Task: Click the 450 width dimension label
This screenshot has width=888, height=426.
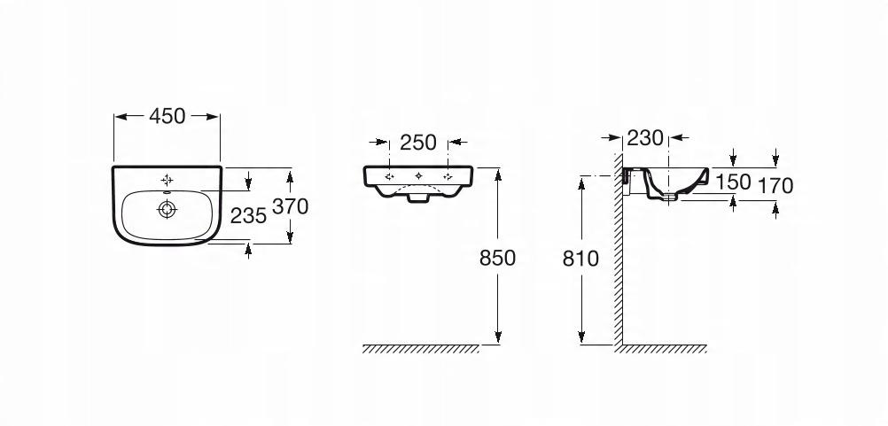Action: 167,116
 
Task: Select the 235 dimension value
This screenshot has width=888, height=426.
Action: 248,215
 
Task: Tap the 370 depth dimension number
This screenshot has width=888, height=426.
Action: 291,207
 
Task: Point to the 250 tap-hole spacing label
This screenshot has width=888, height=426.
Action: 418,143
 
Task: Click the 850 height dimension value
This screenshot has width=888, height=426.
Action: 498,258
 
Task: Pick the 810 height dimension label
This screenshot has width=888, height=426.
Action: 580,259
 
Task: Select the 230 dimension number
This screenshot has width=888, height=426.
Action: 645,137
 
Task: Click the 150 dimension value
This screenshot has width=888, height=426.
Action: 733,182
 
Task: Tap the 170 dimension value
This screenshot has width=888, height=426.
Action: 775,186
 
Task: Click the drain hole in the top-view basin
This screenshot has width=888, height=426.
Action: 167,210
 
